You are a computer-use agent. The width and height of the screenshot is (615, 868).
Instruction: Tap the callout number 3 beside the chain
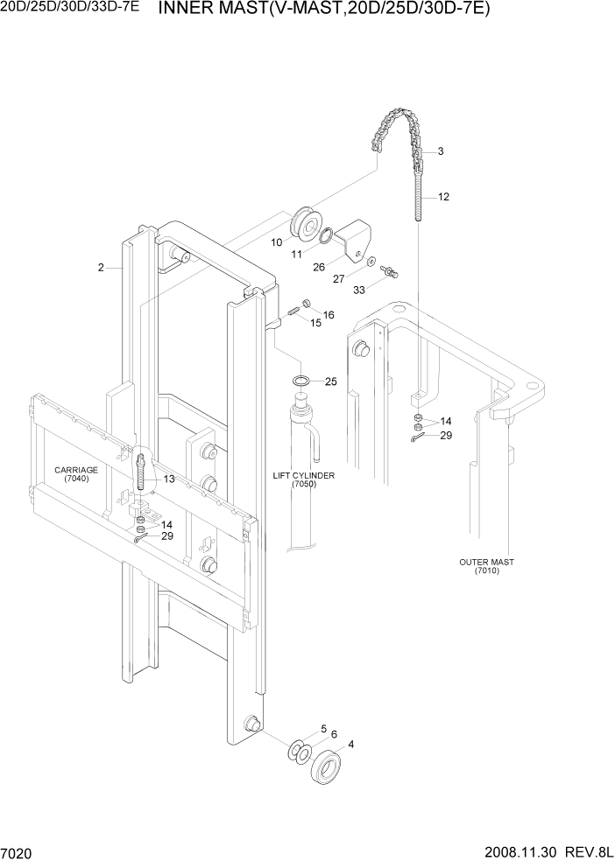coord(440,151)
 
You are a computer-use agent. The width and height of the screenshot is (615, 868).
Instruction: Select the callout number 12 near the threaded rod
coord(443,197)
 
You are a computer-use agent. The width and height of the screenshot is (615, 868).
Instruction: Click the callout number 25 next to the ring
coord(330,381)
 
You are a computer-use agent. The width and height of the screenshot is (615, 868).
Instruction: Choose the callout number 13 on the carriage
coord(168,479)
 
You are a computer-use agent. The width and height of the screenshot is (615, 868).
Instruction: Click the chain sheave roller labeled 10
coord(308,222)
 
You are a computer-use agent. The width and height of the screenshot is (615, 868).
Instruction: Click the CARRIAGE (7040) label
coord(75,475)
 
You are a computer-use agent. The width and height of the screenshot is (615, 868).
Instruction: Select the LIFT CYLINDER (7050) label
coord(304,479)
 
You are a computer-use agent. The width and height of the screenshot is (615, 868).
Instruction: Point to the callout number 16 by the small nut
coord(329,314)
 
